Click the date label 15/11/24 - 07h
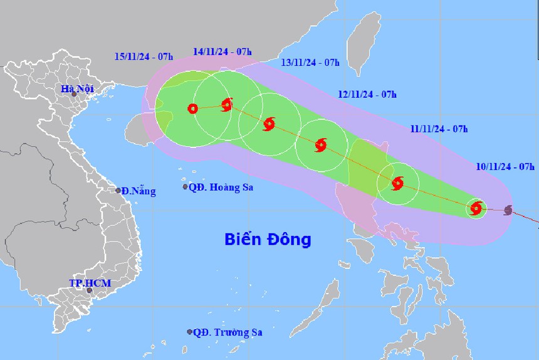[x=144, y=56]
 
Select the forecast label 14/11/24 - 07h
[x=222, y=51]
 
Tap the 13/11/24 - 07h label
[x=310, y=62]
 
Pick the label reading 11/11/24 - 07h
[x=439, y=129]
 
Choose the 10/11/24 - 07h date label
[x=505, y=166]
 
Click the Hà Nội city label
[x=77, y=88]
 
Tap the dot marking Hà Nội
[x=74, y=95]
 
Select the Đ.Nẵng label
[x=139, y=191]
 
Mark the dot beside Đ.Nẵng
[x=118, y=190]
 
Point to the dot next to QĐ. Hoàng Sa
[x=185, y=187]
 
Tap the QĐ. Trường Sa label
[x=227, y=332]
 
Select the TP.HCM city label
[x=90, y=283]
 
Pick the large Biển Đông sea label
[x=268, y=239]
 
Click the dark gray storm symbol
[x=508, y=209]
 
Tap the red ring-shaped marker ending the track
[x=192, y=109]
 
